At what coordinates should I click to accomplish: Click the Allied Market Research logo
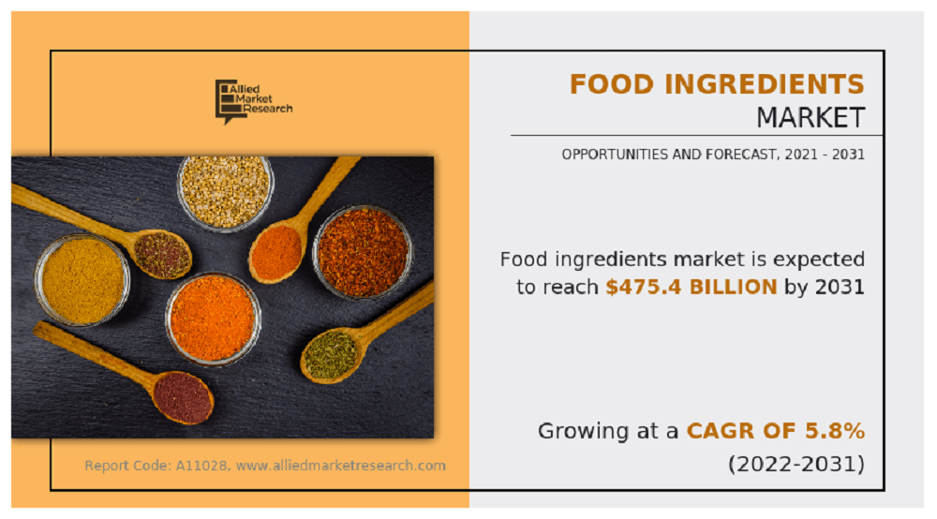253,101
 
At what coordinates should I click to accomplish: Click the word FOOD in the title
611,84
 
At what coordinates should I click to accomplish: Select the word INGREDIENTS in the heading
765,84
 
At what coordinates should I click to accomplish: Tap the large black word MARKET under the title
811,118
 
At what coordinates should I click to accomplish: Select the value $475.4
644,288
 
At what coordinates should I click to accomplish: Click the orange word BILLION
734,288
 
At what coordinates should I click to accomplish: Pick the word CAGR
713,431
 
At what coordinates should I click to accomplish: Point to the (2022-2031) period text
796,464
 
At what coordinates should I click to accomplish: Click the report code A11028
201,466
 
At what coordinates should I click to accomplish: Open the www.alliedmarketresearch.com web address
341,466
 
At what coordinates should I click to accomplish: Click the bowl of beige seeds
225,192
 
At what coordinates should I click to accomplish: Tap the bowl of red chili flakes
363,252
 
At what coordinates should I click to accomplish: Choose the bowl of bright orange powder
213,319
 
